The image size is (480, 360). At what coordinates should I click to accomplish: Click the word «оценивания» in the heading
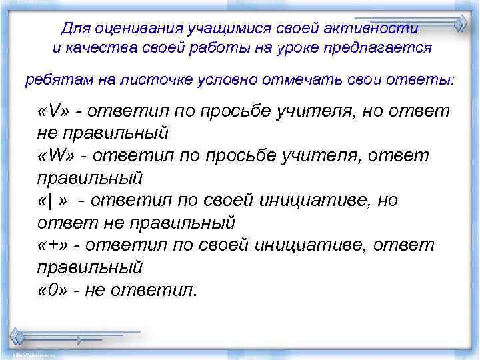click(x=129, y=29)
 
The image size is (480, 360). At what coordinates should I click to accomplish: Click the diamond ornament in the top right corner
click(x=461, y=23)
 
